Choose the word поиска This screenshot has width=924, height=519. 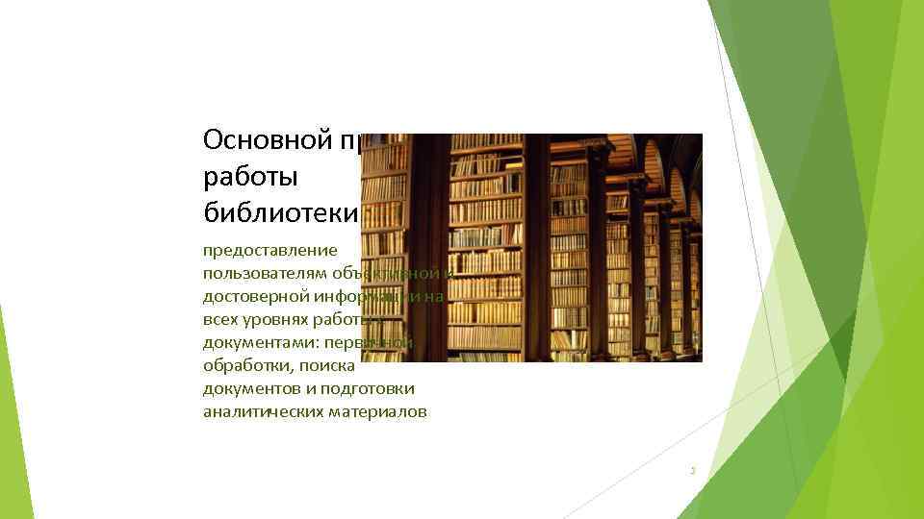coord(330,365)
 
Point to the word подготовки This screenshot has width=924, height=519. coord(370,388)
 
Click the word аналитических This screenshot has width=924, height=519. coord(259,411)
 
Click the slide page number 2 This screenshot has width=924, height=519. coord(692,471)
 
